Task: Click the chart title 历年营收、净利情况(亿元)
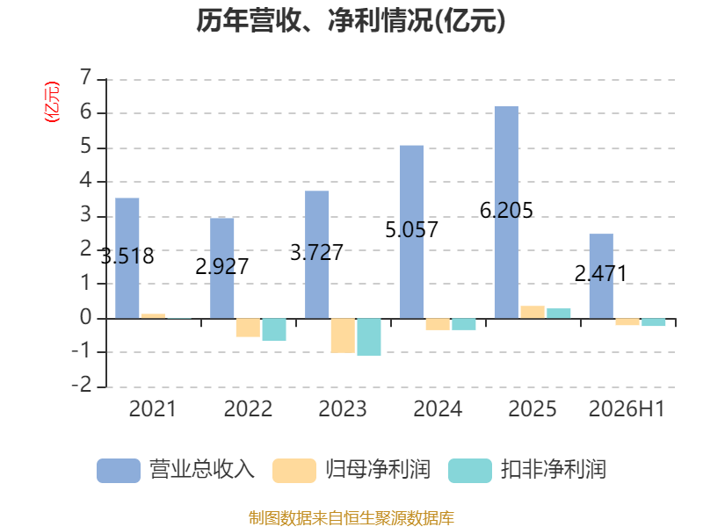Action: (x=351, y=20)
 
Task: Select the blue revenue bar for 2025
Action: (x=506, y=213)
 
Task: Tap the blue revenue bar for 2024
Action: (x=411, y=232)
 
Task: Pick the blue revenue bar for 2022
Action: (x=222, y=269)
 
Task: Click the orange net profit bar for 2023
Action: (x=343, y=336)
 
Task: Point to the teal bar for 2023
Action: (x=369, y=337)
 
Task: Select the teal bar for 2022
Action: (x=274, y=330)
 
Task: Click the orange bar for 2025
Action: (x=533, y=313)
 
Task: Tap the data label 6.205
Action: (x=506, y=211)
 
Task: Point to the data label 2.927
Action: (x=222, y=267)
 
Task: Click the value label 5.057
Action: (x=411, y=230)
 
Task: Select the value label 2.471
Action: (x=601, y=274)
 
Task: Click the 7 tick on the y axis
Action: (x=85, y=77)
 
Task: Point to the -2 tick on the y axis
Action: (x=82, y=385)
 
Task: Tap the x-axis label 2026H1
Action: (x=627, y=408)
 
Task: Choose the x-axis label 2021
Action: (x=153, y=408)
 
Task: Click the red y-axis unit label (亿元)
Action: (x=52, y=102)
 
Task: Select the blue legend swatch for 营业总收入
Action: (x=119, y=471)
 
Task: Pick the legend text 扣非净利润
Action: (x=554, y=470)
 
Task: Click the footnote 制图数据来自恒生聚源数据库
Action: (x=351, y=518)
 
